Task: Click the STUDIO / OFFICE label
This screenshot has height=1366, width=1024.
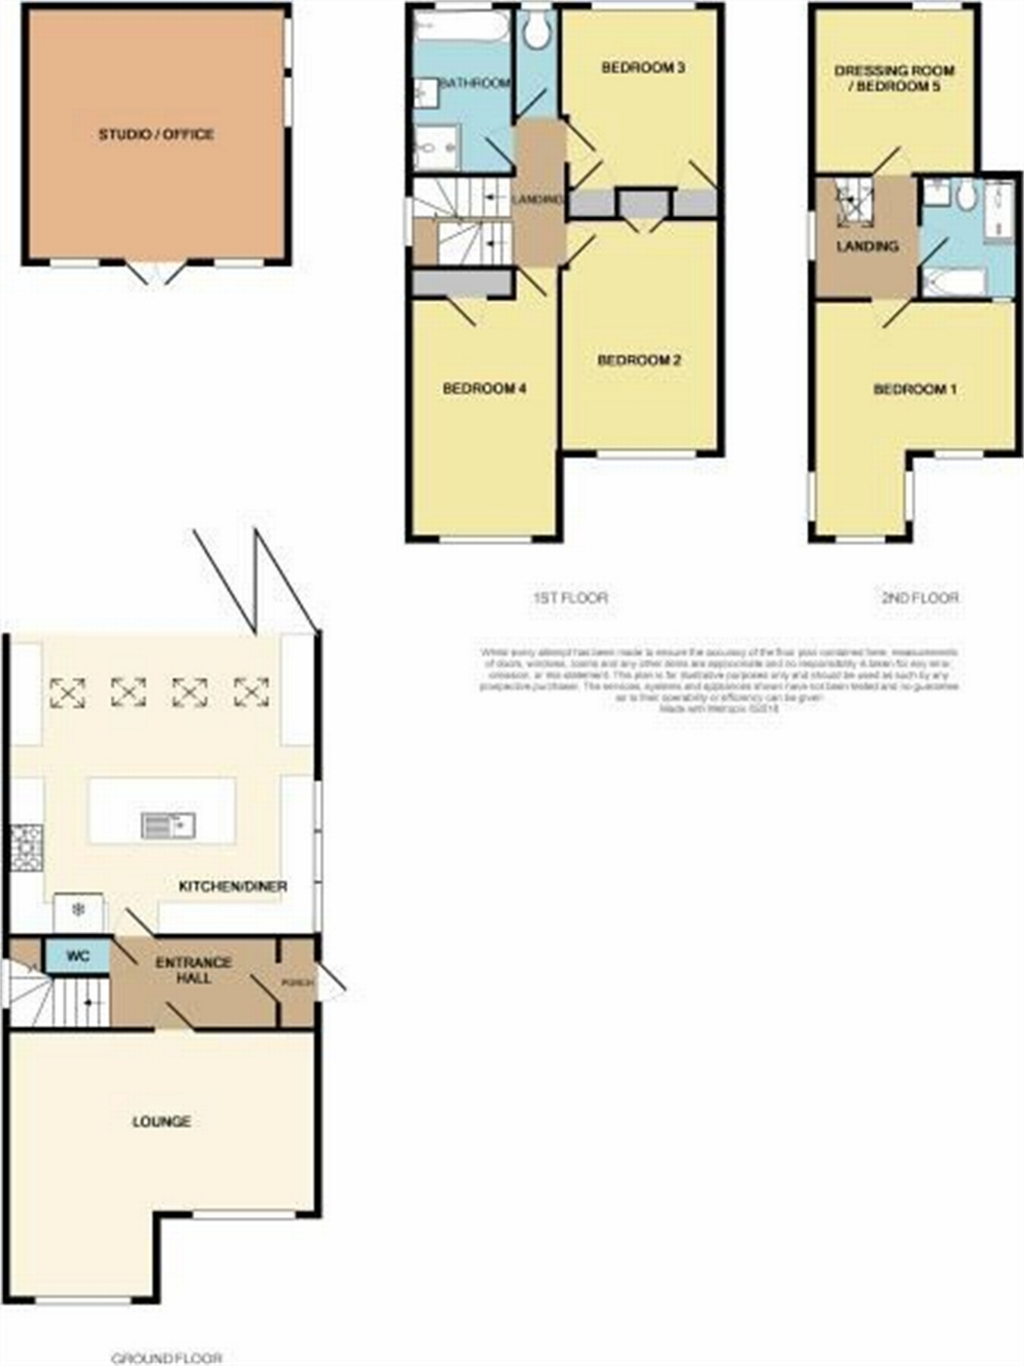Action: pos(156,135)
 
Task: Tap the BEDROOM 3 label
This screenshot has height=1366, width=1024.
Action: pos(643,68)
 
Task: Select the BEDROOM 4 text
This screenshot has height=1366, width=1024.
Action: pos(485,389)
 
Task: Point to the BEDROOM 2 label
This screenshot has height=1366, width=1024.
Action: pos(639,360)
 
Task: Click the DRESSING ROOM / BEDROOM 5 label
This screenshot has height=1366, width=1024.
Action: pos(894,78)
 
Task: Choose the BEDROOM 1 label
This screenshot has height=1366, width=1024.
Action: pos(915,389)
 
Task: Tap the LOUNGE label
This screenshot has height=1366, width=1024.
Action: pos(162,1121)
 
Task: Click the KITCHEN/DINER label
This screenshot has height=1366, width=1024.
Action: pos(233,886)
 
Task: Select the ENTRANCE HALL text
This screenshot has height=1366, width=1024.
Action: pos(193,970)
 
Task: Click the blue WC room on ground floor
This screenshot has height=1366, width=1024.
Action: pos(77,956)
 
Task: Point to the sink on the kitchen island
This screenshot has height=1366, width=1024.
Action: pos(168,825)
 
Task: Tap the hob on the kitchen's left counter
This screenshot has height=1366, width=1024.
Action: pos(27,847)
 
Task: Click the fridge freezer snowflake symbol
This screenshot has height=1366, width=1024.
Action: pos(78,910)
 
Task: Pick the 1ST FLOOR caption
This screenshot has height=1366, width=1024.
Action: pos(570,597)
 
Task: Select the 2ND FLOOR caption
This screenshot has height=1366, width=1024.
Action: pos(920,597)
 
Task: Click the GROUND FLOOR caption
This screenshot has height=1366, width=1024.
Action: pos(167,1358)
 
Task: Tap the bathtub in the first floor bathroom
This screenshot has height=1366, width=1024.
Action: pos(462,28)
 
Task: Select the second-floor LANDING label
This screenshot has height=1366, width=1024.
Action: pos(868,247)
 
